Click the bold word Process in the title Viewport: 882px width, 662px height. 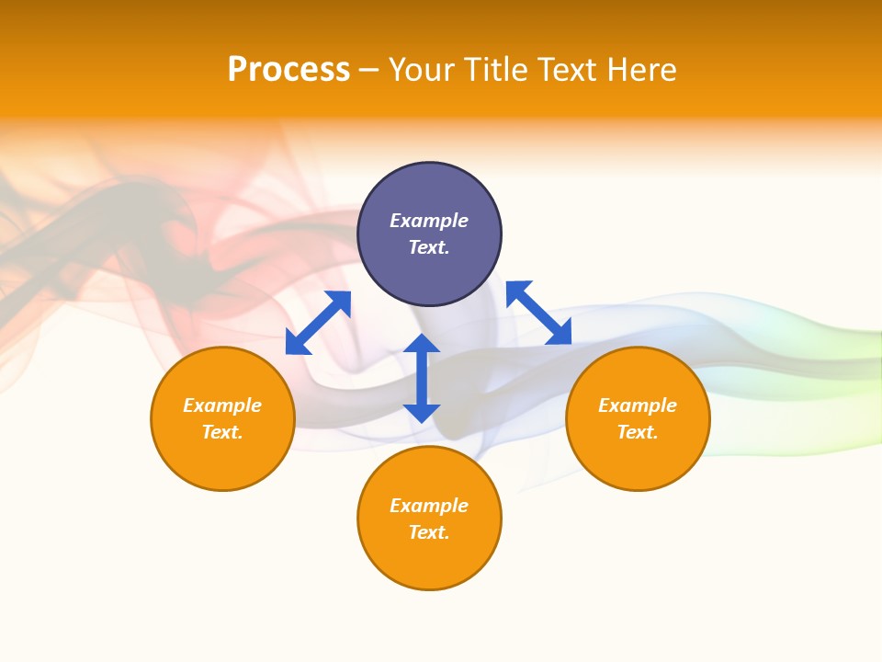click(x=288, y=70)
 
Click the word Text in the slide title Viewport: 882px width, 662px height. click(x=568, y=70)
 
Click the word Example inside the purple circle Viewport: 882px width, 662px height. click(x=429, y=221)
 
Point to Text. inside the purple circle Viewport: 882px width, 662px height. click(x=429, y=247)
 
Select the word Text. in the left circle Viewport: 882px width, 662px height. click(x=222, y=432)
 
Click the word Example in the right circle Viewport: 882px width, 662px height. click(x=638, y=405)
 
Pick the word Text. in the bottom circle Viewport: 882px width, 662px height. click(x=429, y=532)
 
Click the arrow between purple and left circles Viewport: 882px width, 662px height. click(x=318, y=323)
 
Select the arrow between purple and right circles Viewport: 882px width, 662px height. click(x=538, y=313)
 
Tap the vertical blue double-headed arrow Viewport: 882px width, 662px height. click(x=422, y=378)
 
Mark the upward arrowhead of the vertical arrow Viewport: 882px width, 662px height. click(x=422, y=344)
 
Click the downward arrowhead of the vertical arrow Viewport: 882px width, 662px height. click(x=422, y=413)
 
